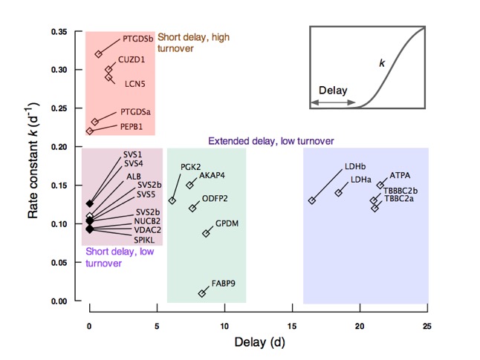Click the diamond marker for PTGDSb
99,54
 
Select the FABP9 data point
202,293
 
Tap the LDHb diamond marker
312,200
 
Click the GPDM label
227,223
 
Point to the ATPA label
400,175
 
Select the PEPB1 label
134,127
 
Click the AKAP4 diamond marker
189,185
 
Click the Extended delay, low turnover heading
270,141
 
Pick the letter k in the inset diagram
382,65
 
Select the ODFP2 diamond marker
193,208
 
